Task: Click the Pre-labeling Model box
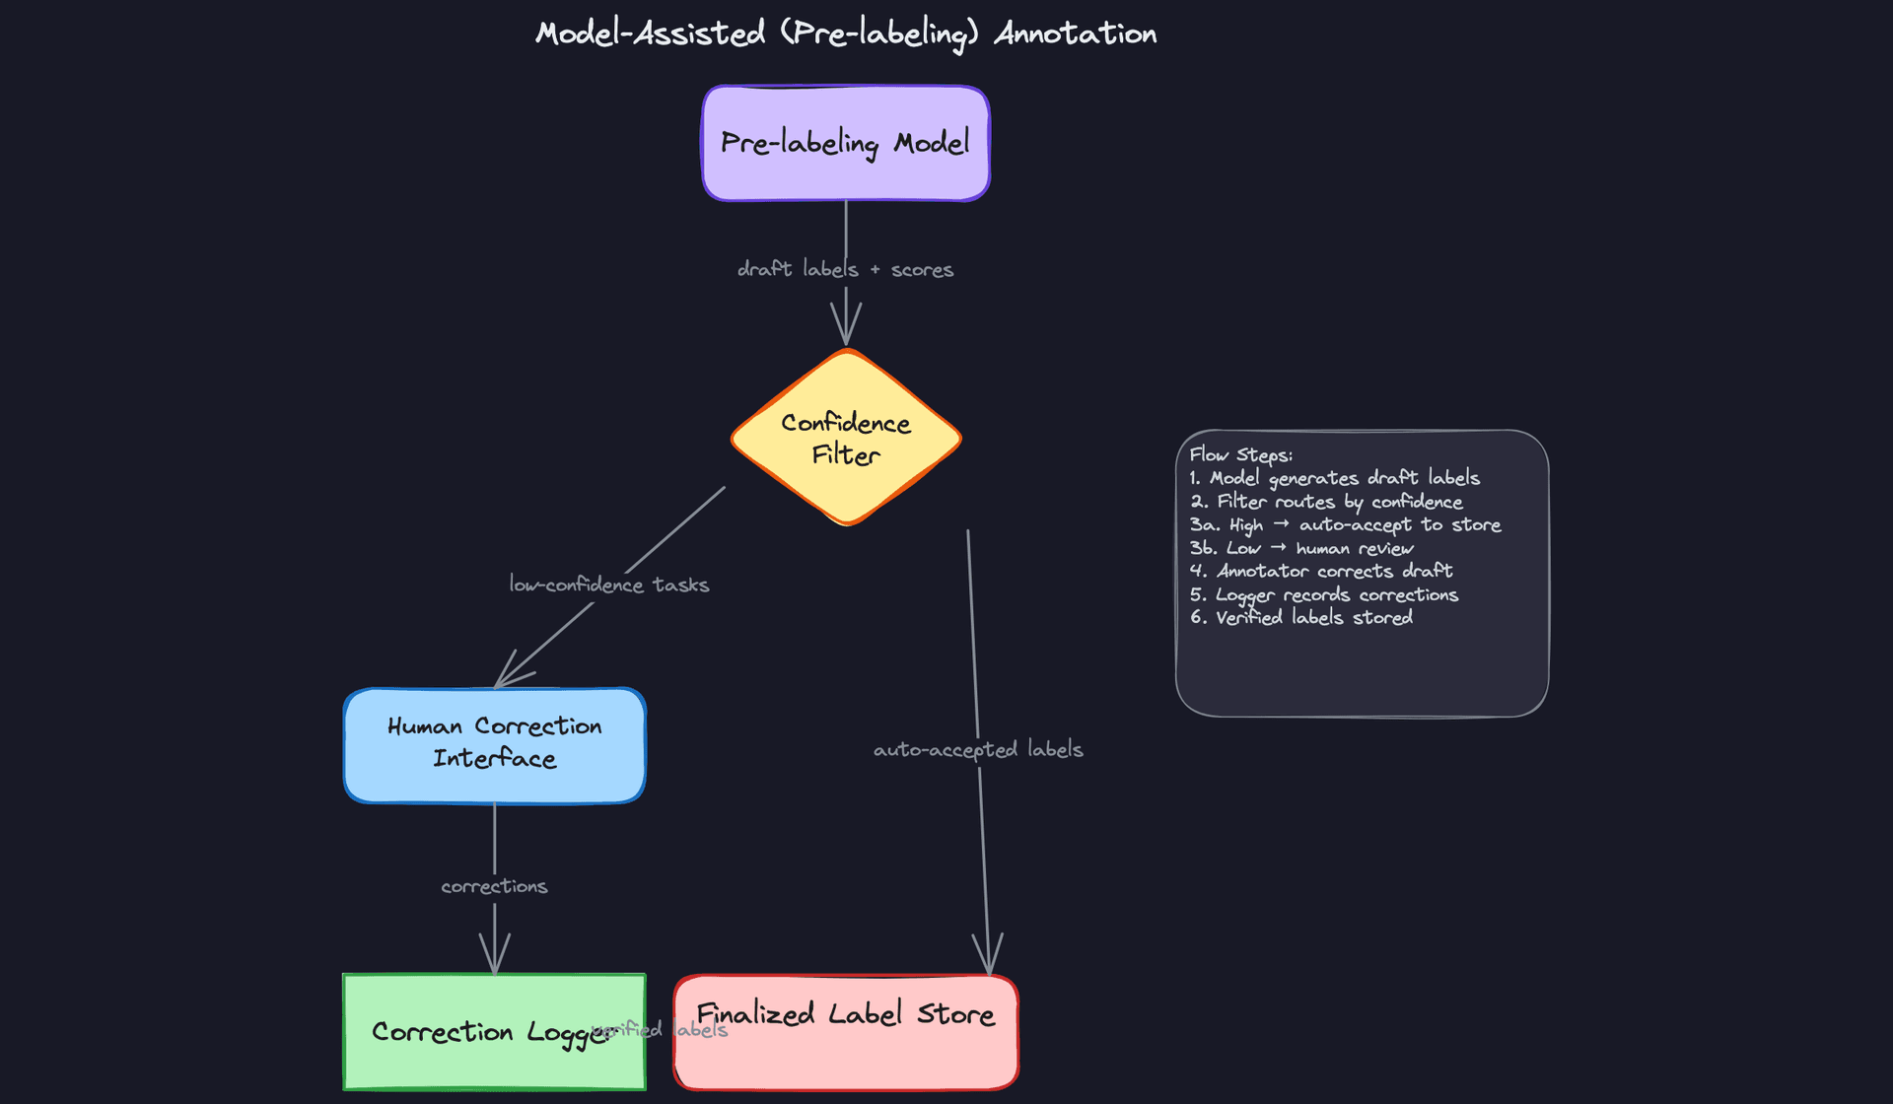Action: [x=845, y=144]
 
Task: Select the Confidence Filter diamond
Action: [x=845, y=438]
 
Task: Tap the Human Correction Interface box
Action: [x=494, y=745]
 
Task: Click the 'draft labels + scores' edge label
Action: [x=845, y=269]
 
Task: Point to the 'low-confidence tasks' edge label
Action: [x=608, y=585]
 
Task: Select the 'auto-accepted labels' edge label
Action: [x=977, y=749]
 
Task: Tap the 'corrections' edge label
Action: [x=494, y=886]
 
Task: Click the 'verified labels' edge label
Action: [x=660, y=1030]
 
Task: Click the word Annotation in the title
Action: [x=1075, y=34]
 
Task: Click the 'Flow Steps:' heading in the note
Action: [x=1240, y=454]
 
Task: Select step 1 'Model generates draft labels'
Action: [x=1334, y=478]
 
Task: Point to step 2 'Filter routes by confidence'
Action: [x=1326, y=502]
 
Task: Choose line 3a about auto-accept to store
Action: [x=1345, y=524]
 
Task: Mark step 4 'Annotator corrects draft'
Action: [x=1321, y=571]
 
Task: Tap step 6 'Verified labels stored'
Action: [x=1301, y=617]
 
